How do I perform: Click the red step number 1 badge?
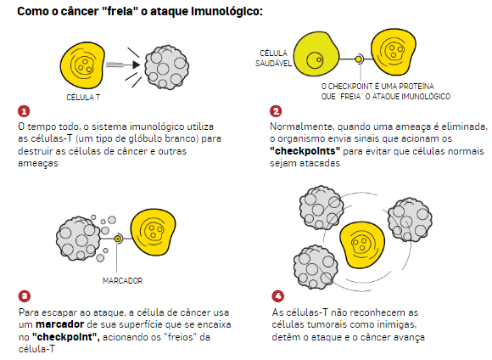pos(24,111)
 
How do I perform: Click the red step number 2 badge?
pos(276,111)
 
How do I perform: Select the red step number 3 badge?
pos(25,296)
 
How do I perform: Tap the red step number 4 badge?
pos(277,296)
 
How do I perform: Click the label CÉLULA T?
pos(83,98)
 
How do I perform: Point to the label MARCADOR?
pos(123,280)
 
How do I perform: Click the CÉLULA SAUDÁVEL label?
pos(273,58)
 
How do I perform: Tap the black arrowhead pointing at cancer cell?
pos(137,65)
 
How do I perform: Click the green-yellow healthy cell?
pos(316,54)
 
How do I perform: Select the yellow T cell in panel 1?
pos(82,65)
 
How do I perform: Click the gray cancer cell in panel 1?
pos(166,66)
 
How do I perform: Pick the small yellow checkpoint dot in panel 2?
pos(358,59)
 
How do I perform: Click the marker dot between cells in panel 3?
pos(118,239)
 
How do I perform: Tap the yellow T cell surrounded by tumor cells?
pos(361,245)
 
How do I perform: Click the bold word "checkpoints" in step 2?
pos(305,151)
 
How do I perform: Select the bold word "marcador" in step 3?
pos(59,324)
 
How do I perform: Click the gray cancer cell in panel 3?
pos(78,238)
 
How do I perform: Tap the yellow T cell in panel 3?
pos(154,232)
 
